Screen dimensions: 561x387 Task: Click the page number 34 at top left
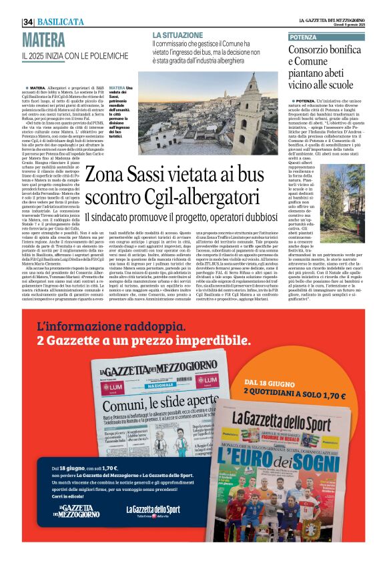click(28, 21)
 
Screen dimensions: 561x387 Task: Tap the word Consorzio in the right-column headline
click(314, 50)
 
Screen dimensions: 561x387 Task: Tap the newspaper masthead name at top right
click(333, 21)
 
